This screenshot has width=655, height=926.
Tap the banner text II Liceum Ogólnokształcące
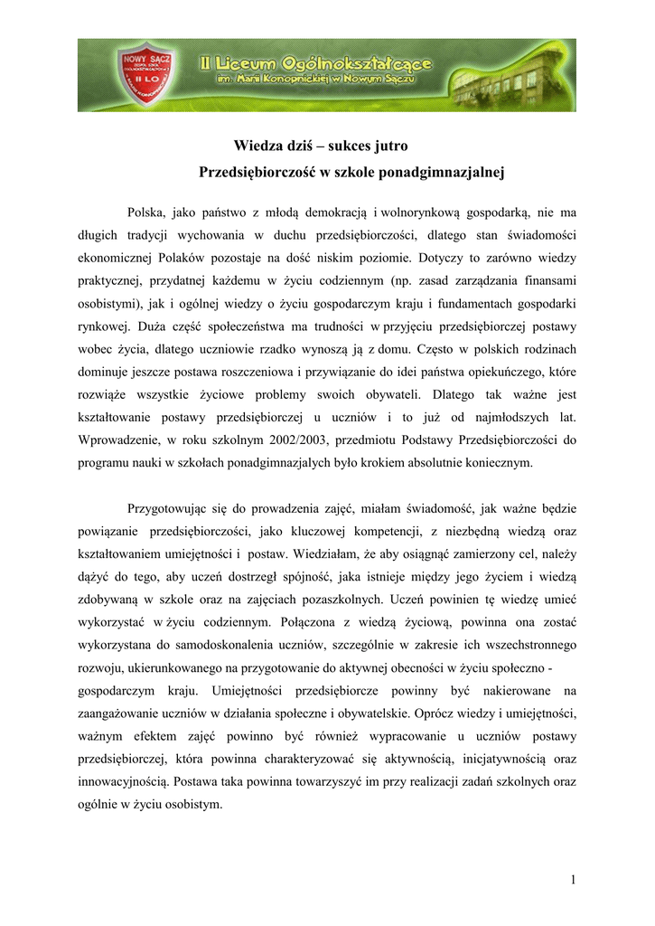tap(317, 64)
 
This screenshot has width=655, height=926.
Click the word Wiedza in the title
tap(256, 146)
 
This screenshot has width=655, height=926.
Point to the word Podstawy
tap(428, 440)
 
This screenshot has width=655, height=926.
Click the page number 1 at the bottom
tap(573, 881)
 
